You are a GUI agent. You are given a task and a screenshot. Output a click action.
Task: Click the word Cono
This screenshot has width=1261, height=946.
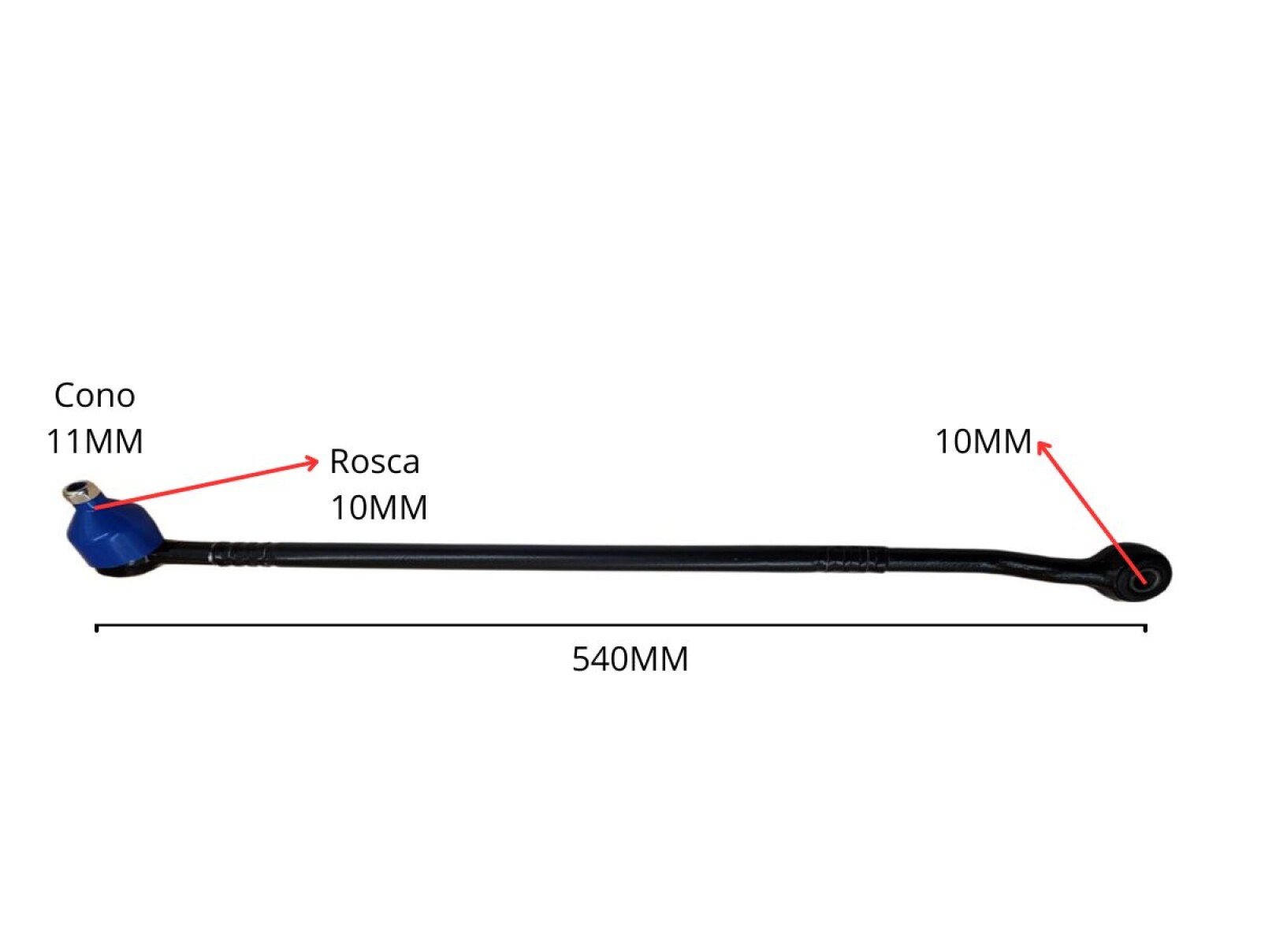[x=95, y=395]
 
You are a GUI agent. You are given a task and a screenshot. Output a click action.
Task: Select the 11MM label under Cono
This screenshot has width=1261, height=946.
[x=95, y=441]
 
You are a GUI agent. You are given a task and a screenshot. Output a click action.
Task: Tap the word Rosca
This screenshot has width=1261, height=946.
[x=374, y=462]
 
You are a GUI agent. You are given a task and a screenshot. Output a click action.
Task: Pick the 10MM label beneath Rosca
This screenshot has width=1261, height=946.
[x=378, y=508]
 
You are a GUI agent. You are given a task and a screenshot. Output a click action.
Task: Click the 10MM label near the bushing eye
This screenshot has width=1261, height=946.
[x=983, y=441]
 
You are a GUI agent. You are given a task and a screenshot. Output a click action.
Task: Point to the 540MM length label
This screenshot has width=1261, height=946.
[x=630, y=659]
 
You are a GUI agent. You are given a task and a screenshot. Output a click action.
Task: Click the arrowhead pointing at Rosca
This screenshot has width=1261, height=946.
[x=313, y=462]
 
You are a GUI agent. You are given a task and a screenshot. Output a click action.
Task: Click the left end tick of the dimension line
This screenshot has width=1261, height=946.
[x=96, y=628]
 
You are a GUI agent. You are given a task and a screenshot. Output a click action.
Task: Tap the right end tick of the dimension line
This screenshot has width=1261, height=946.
[x=1144, y=628]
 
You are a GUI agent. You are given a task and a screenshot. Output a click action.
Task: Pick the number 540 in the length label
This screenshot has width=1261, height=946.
[x=601, y=659]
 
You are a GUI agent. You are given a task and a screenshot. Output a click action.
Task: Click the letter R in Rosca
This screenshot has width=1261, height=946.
[x=339, y=462]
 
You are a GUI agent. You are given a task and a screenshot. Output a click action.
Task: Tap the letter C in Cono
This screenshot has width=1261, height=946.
[x=64, y=395]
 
